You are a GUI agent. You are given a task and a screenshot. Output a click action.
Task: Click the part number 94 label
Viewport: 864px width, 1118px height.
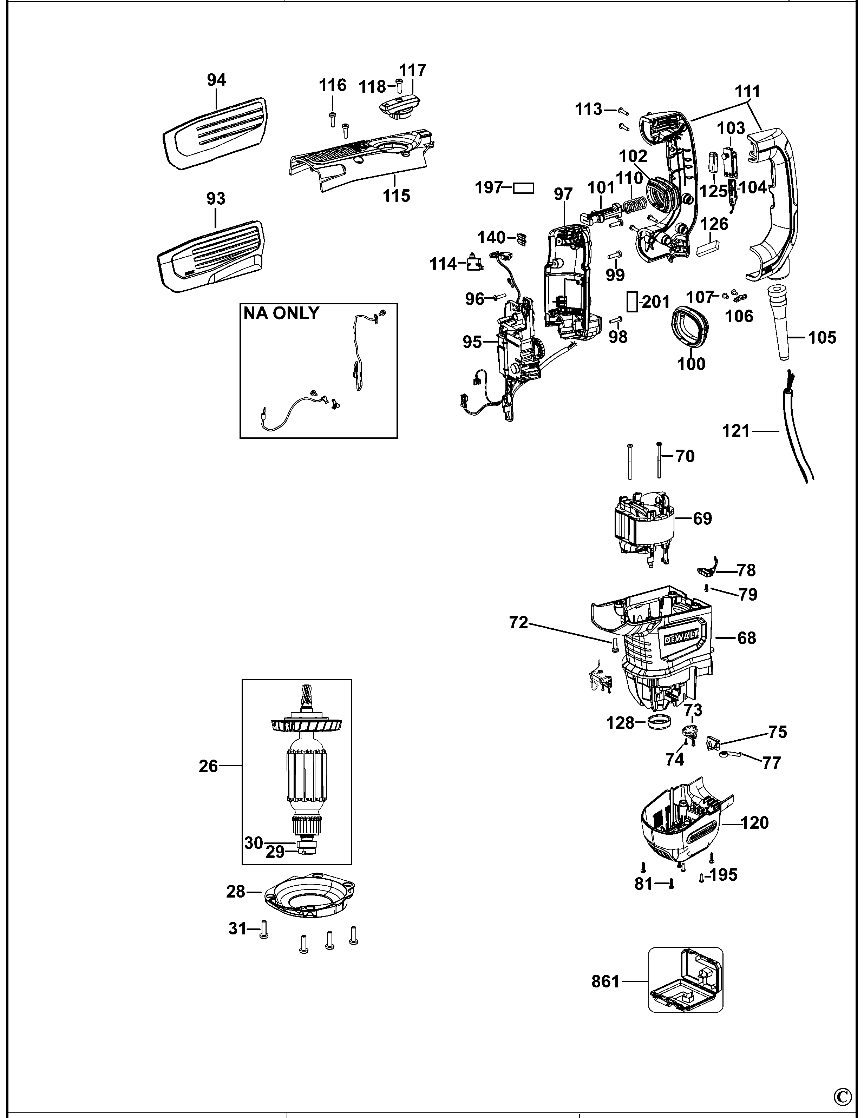[x=216, y=80]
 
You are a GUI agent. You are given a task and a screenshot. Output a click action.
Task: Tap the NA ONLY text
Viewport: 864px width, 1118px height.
[x=281, y=313]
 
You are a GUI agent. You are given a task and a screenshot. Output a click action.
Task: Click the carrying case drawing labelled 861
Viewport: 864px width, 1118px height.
[x=686, y=980]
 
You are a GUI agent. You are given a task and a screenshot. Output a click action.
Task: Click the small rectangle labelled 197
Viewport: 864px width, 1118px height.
[x=523, y=188]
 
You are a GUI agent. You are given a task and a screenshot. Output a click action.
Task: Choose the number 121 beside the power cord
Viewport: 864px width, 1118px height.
[x=736, y=431]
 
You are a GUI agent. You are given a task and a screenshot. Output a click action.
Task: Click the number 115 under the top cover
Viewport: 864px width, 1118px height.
[x=397, y=196]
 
